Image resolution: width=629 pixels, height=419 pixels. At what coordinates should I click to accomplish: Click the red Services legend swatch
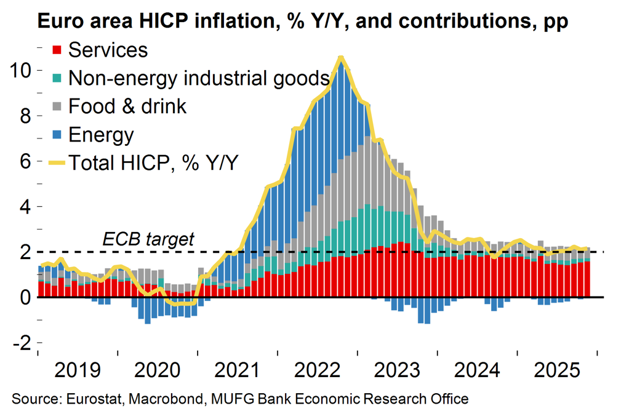pos(57,50)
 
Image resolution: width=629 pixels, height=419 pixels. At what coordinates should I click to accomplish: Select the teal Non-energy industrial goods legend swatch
pos(57,78)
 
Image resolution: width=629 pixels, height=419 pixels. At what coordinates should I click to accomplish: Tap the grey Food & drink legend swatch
pos(57,106)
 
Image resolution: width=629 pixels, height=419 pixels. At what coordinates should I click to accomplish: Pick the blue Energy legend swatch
pos(57,135)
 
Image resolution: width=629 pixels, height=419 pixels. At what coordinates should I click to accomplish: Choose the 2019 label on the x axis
pos(78,372)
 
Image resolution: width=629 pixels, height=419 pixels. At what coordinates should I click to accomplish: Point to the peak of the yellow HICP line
pos(340,58)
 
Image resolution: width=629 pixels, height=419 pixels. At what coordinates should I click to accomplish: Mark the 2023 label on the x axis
pos(397,372)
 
